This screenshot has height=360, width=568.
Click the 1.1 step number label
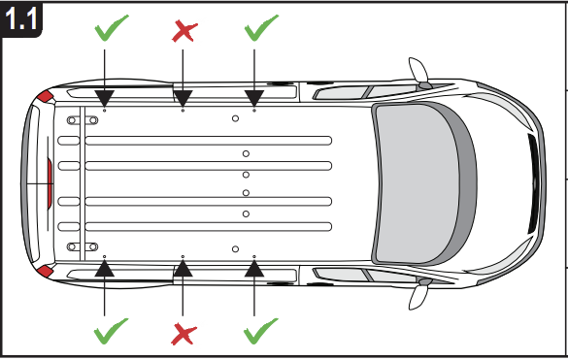click(x=21, y=18)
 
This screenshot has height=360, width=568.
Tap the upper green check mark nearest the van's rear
click(x=112, y=27)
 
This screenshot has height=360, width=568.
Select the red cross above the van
click(x=184, y=31)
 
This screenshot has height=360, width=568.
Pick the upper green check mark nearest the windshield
click(x=261, y=27)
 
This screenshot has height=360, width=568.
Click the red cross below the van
click(x=184, y=335)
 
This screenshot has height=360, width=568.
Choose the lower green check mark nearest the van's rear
click(x=111, y=331)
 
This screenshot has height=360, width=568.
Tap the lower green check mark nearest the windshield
click(x=261, y=331)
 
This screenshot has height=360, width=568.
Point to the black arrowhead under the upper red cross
click(x=183, y=99)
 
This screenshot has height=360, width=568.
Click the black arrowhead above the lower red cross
click(x=183, y=268)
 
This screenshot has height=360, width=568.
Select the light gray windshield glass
click(x=417, y=183)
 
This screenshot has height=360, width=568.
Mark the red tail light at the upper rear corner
click(x=46, y=97)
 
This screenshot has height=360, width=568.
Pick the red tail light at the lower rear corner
click(x=46, y=271)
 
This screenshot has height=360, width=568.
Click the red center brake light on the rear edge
click(x=50, y=184)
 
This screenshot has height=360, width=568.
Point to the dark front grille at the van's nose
click(x=534, y=183)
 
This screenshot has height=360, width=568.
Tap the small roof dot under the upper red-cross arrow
click(x=183, y=110)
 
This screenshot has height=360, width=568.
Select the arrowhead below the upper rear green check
click(x=104, y=99)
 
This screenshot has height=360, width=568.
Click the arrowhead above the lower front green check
click(x=254, y=268)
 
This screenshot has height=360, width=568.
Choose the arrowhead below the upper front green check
click(x=254, y=99)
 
